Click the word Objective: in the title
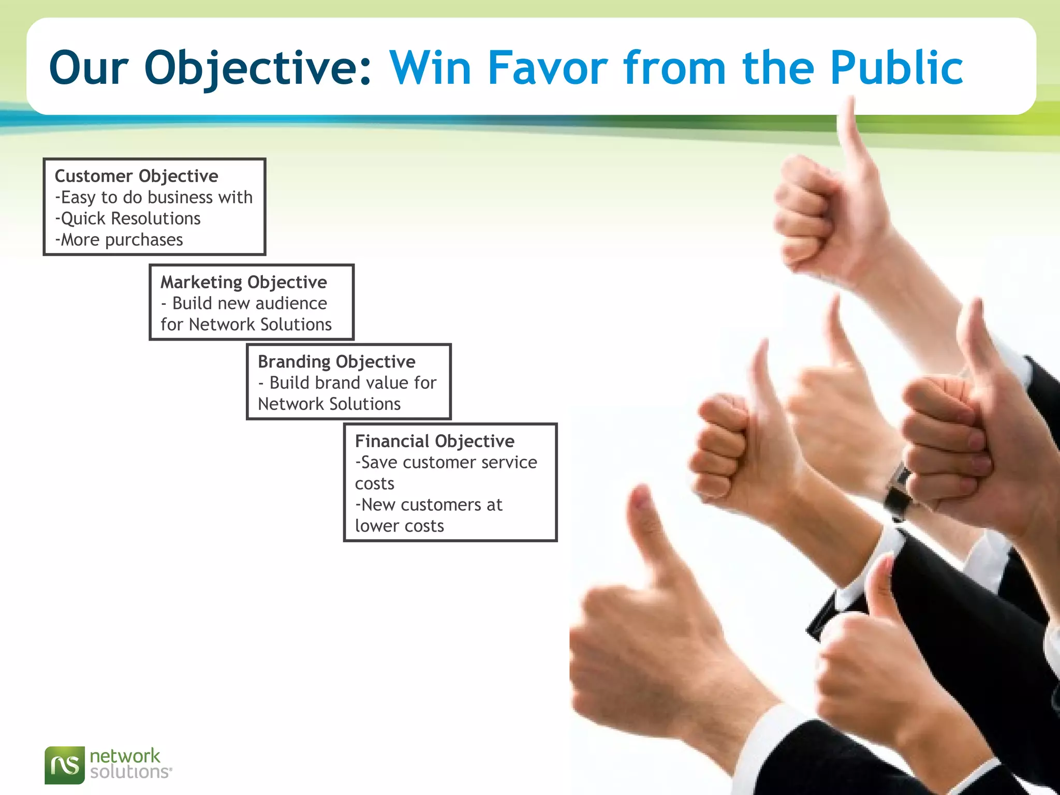coord(257,68)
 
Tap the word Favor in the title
coord(548,67)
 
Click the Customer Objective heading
coord(136,176)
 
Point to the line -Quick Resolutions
coord(128,218)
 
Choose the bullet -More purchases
coord(119,240)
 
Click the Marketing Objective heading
coord(243,282)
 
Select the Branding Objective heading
coord(336,361)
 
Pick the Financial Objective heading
coord(435,441)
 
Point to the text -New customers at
coord(429,505)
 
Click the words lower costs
coord(399,526)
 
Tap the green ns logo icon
coord(65,765)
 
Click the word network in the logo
coord(125,756)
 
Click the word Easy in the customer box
coord(78,197)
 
